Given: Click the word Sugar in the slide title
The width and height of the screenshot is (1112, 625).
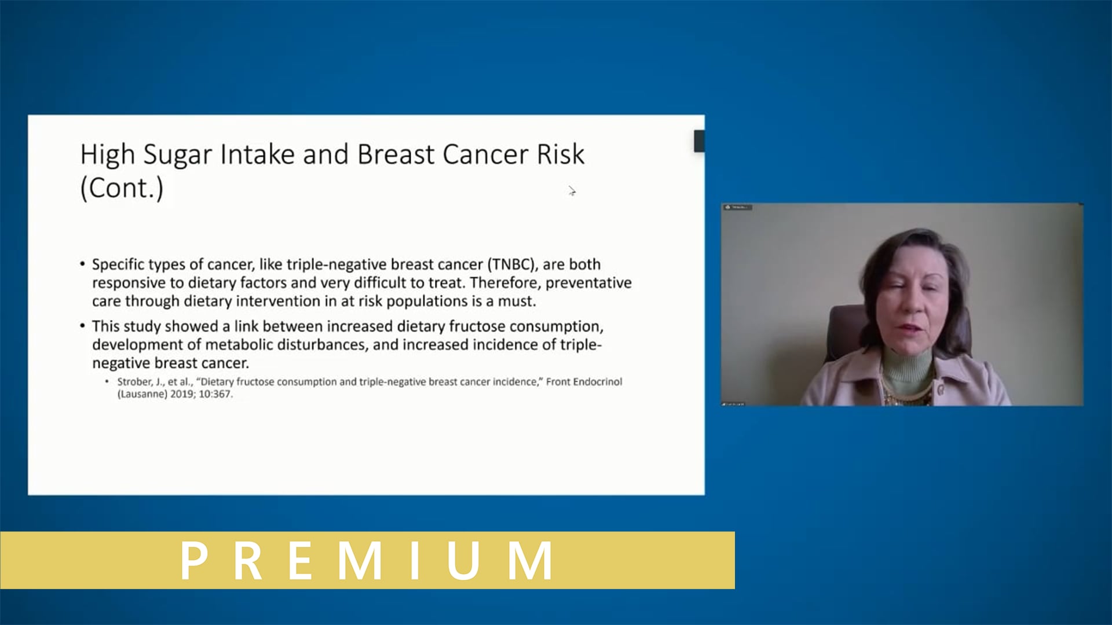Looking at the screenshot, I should click(178, 155).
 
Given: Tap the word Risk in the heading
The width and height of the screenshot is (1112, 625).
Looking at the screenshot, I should click(560, 154).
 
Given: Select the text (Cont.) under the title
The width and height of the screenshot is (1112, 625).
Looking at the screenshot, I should click(122, 188).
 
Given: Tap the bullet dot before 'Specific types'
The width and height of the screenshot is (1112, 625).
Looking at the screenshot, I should click(83, 264).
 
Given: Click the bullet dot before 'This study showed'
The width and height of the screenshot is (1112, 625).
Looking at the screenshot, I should click(83, 326).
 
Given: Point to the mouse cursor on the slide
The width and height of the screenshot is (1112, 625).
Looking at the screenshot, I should click(572, 191).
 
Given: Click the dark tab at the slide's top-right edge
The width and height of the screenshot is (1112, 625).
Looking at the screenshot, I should click(699, 141).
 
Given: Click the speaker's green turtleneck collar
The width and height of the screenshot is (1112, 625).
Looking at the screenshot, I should click(907, 366).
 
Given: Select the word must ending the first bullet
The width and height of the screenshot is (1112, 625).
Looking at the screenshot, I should click(517, 302).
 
